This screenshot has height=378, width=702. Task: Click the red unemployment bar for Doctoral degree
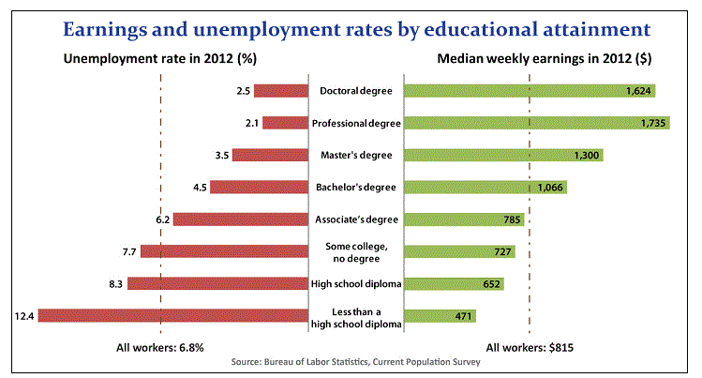(x=280, y=91)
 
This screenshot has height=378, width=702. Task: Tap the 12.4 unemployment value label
(x=23, y=315)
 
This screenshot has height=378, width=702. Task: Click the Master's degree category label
(x=356, y=155)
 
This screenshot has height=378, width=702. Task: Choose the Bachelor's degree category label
(x=356, y=187)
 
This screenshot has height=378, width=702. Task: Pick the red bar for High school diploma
(x=217, y=283)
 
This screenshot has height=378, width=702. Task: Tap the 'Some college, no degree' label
(x=356, y=251)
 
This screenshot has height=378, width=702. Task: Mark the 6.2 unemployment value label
(x=162, y=219)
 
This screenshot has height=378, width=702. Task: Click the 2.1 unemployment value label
(x=250, y=123)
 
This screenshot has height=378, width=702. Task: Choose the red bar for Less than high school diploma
(x=173, y=315)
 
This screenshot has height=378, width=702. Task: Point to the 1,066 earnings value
(x=550, y=188)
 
